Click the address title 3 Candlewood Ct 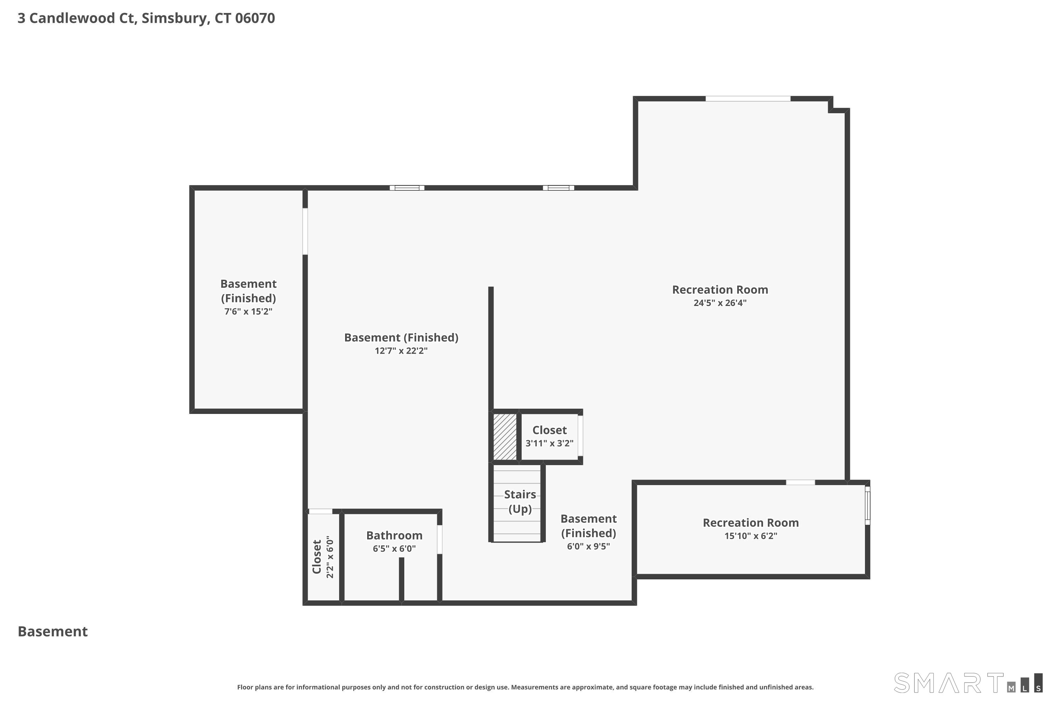[x=146, y=18]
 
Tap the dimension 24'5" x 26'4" [x=720, y=303]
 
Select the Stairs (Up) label [x=520, y=502]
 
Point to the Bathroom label [x=394, y=536]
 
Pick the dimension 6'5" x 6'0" [x=394, y=549]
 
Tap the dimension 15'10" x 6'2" [x=750, y=536]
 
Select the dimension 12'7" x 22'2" [x=401, y=351]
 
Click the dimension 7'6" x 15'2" [x=248, y=312]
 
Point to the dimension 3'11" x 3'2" [x=549, y=443]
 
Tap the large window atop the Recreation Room [x=748, y=99]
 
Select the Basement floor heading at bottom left [x=53, y=632]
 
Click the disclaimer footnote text [x=525, y=687]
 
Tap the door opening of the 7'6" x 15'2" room [x=305, y=231]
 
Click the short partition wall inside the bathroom [x=401, y=579]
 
